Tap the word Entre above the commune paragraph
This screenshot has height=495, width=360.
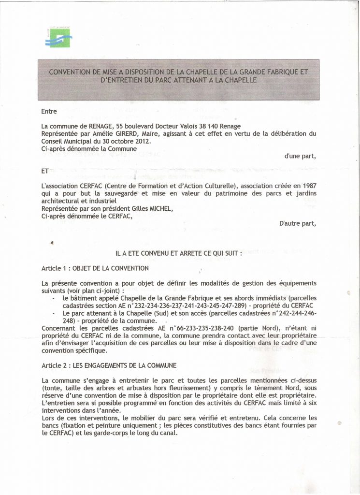[x=49, y=112]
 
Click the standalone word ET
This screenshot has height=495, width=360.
[x=45, y=171]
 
